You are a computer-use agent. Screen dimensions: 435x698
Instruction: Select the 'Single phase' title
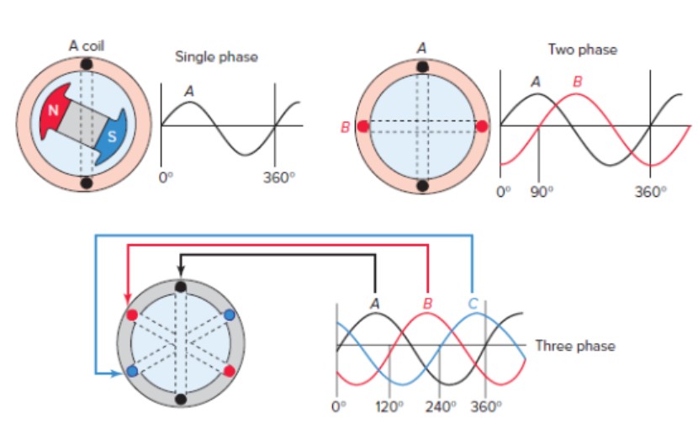click(216, 56)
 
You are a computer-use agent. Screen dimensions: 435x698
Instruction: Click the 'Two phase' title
click(582, 50)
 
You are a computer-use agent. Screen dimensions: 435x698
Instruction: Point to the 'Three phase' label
click(574, 345)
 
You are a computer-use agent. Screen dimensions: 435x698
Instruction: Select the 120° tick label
click(388, 407)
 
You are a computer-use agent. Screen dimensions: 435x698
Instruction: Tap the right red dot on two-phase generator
click(481, 126)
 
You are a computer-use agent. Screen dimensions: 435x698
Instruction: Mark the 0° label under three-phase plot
click(338, 407)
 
